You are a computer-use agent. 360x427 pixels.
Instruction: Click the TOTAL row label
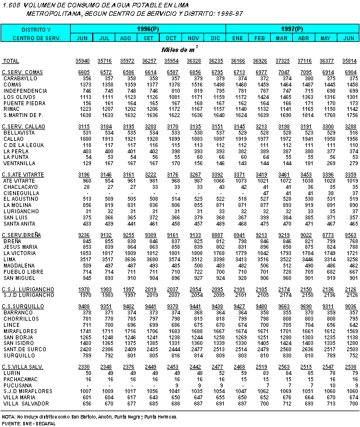[11, 61]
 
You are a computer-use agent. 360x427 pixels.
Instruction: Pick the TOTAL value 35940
[83, 61]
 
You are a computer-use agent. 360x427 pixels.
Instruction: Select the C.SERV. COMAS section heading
[23, 72]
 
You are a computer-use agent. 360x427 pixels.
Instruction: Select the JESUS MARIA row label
[19, 247]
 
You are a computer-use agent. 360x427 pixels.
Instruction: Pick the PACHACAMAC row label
[20, 379]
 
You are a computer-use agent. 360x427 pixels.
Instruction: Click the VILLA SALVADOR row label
[24, 404]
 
